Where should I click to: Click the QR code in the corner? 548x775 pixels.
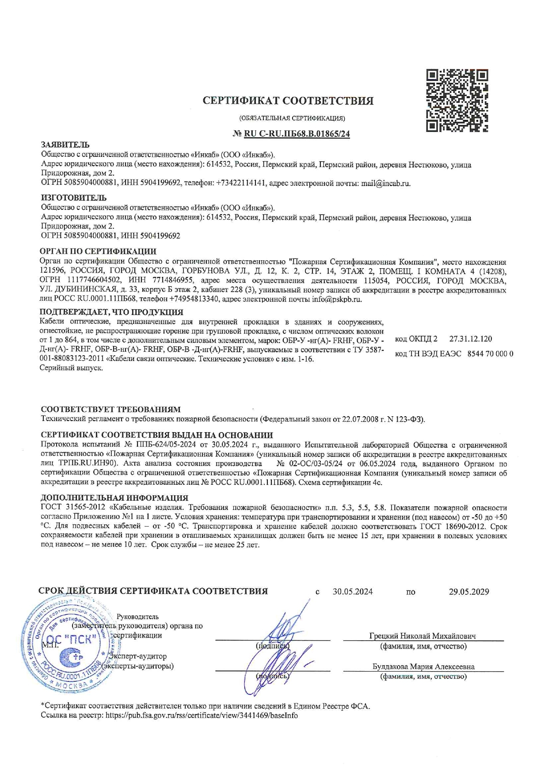click(x=457, y=101)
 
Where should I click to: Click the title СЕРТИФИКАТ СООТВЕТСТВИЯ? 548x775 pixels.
click(x=288, y=101)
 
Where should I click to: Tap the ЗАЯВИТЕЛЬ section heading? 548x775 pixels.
click(x=65, y=144)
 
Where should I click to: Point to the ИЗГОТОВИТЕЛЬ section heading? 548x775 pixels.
click(x=73, y=198)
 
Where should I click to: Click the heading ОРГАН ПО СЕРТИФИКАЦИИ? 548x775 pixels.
click(x=98, y=251)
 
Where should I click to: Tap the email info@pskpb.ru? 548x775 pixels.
click(x=337, y=299)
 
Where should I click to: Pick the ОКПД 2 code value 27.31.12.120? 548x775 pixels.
click(x=470, y=339)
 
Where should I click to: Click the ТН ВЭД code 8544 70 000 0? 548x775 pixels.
click(x=490, y=353)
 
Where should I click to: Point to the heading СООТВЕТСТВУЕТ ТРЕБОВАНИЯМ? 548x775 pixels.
click(x=110, y=410)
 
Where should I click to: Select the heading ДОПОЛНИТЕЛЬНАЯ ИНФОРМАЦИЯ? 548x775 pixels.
click(x=114, y=498)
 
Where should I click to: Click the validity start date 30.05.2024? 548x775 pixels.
click(x=352, y=592)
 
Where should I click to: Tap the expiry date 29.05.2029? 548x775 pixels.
click(x=469, y=592)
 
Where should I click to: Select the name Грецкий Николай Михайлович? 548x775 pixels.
click(x=422, y=636)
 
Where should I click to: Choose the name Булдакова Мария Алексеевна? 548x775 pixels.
click(x=423, y=667)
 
